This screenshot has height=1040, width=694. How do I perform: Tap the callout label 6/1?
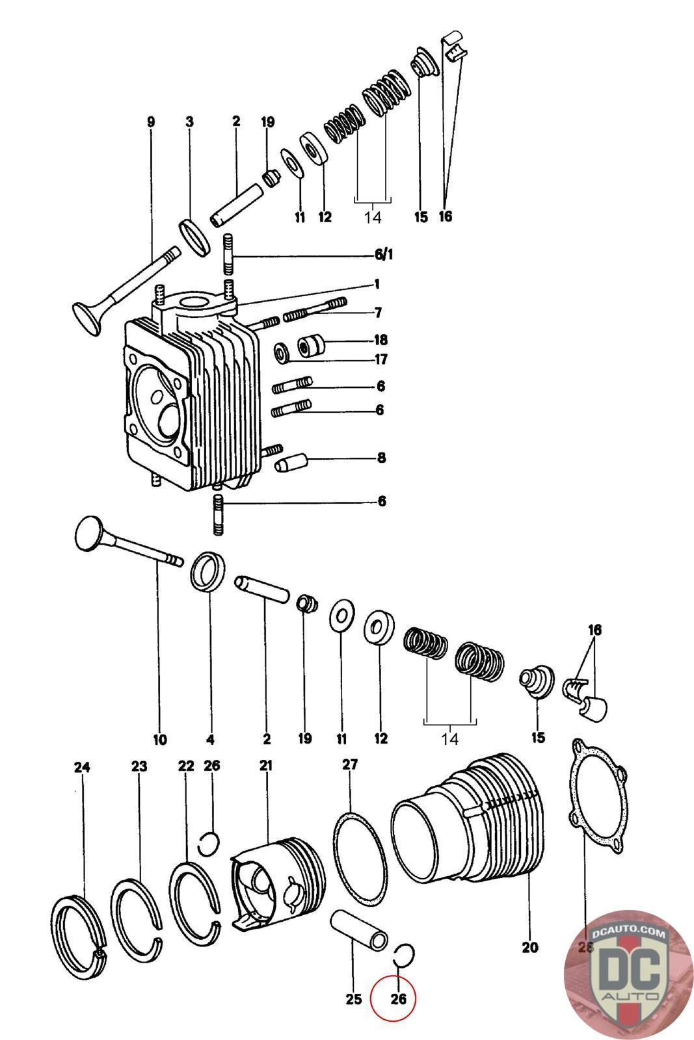[384, 254]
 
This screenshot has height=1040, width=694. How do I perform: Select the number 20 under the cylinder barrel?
[530, 947]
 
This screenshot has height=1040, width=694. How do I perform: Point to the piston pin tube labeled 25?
[358, 929]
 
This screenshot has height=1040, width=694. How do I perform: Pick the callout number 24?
[82, 767]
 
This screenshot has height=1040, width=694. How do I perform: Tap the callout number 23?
[139, 766]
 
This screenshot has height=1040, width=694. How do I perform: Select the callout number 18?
[381, 340]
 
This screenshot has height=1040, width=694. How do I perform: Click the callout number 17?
[381, 359]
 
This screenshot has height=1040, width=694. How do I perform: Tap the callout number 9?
[151, 122]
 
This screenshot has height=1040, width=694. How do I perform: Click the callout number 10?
[160, 740]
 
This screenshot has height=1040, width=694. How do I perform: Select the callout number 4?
[210, 740]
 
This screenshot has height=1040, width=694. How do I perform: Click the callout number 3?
[189, 122]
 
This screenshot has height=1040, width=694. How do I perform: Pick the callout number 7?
[378, 313]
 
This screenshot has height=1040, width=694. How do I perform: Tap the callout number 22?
[186, 766]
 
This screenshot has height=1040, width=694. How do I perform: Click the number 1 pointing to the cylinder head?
[377, 284]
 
